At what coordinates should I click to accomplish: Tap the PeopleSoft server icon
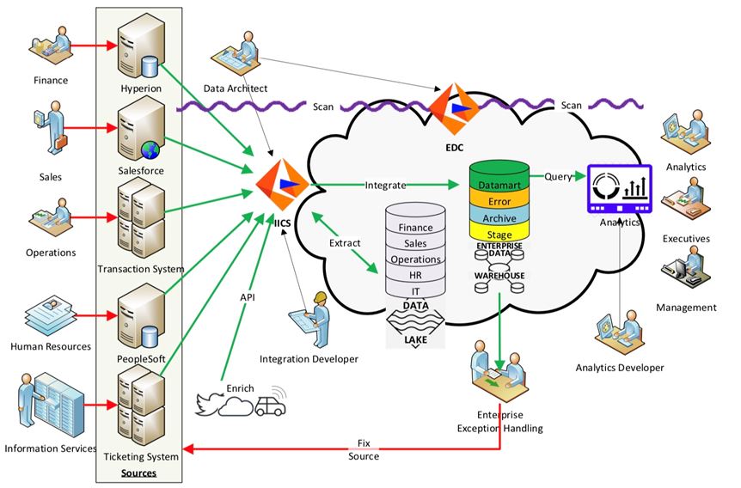(139, 313)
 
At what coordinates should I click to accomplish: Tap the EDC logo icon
(452, 107)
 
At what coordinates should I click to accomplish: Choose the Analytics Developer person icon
(619, 333)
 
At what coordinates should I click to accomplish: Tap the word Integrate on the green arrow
(385, 185)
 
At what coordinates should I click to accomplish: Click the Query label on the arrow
(558, 176)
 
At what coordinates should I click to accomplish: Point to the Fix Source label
(364, 450)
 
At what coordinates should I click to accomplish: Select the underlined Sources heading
(138, 473)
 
